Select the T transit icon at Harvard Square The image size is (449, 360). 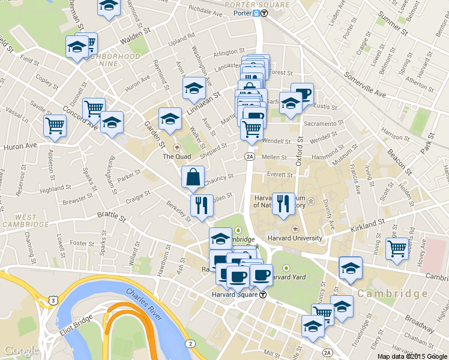(262, 295)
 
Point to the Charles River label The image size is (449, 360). (144, 302)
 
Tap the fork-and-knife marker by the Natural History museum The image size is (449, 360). (283, 203)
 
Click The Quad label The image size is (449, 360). (176, 157)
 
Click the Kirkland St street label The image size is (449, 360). (368, 224)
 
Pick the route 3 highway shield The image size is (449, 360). (53, 300)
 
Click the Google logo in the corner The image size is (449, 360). (21, 350)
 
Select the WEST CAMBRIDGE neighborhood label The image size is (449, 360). (32, 220)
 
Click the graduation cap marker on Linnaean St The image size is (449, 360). (194, 89)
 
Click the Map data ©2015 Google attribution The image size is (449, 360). (412, 356)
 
